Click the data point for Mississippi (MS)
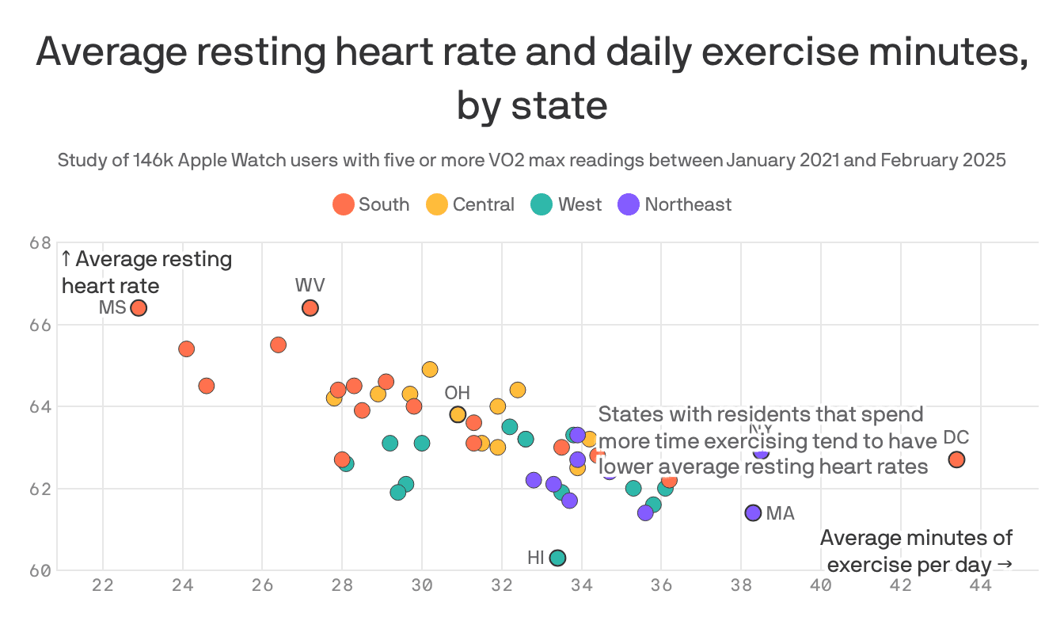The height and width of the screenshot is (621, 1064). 139,308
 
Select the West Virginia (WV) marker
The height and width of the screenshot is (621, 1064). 310,308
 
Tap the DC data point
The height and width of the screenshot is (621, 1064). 956,459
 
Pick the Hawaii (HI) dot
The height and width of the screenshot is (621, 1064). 557,558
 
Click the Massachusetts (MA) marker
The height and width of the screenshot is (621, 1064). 753,512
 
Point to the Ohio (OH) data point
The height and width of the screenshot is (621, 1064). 458,414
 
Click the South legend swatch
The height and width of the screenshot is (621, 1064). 343,204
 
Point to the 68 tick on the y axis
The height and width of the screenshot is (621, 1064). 40,242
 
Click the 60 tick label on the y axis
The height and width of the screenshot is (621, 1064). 40,570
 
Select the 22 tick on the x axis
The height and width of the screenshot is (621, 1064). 103,586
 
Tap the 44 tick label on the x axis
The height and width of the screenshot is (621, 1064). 980,586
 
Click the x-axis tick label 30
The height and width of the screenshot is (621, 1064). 422,586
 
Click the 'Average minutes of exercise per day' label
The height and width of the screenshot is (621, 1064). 917,551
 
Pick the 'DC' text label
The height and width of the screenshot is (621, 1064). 956,438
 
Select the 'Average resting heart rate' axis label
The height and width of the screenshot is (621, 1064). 147,272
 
